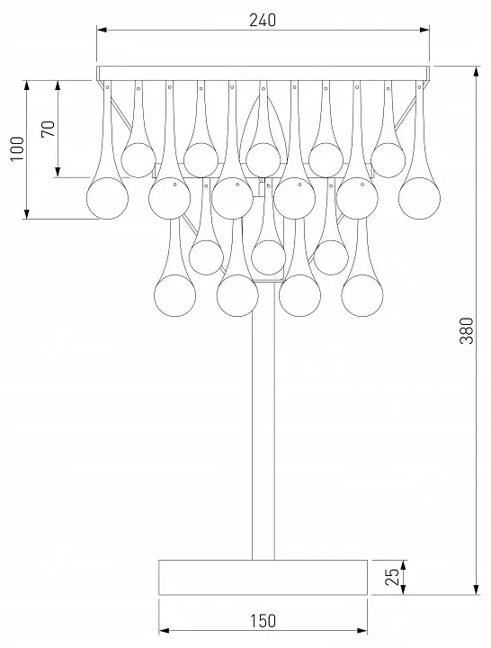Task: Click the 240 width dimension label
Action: pyautogui.click(x=263, y=20)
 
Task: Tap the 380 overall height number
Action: pyautogui.click(x=467, y=330)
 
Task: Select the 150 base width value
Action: pyautogui.click(x=263, y=621)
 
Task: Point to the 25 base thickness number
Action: pyautogui.click(x=392, y=577)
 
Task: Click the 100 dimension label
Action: pyautogui.click(x=17, y=148)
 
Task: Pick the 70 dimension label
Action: pyautogui.click(x=48, y=129)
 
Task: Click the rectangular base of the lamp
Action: pyautogui.click(x=263, y=577)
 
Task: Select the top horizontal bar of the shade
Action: pyautogui.click(x=263, y=73)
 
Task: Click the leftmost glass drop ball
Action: pyautogui.click(x=107, y=198)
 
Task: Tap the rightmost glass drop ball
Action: pyautogui.click(x=419, y=198)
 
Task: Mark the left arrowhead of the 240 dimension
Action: pyautogui.click(x=102, y=30)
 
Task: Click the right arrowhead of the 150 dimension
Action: pyautogui.click(x=362, y=631)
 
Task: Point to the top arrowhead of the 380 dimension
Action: pyautogui.click(x=477, y=71)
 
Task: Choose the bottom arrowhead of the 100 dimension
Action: pyautogui.click(x=27, y=213)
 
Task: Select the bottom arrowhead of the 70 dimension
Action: pyautogui.click(x=58, y=172)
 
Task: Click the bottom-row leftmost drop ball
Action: pyautogui.click(x=174, y=295)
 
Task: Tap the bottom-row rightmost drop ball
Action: pyautogui.click(x=362, y=295)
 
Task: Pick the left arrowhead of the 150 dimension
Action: pyautogui.click(x=164, y=631)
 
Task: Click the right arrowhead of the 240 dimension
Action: pyautogui.click(x=424, y=30)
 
